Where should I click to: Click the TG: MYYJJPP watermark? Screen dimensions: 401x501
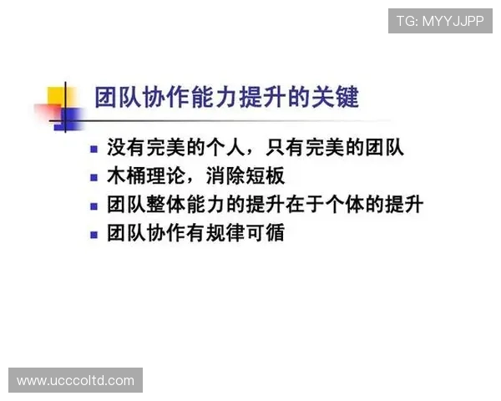click(440, 21)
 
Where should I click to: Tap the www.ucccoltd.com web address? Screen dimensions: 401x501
click(76, 381)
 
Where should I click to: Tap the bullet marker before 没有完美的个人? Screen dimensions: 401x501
click(95, 150)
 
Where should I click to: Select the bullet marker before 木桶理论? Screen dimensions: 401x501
click(95, 178)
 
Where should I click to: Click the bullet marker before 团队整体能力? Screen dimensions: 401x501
click(95, 206)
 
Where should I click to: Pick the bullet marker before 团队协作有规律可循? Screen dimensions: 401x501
click(95, 233)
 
